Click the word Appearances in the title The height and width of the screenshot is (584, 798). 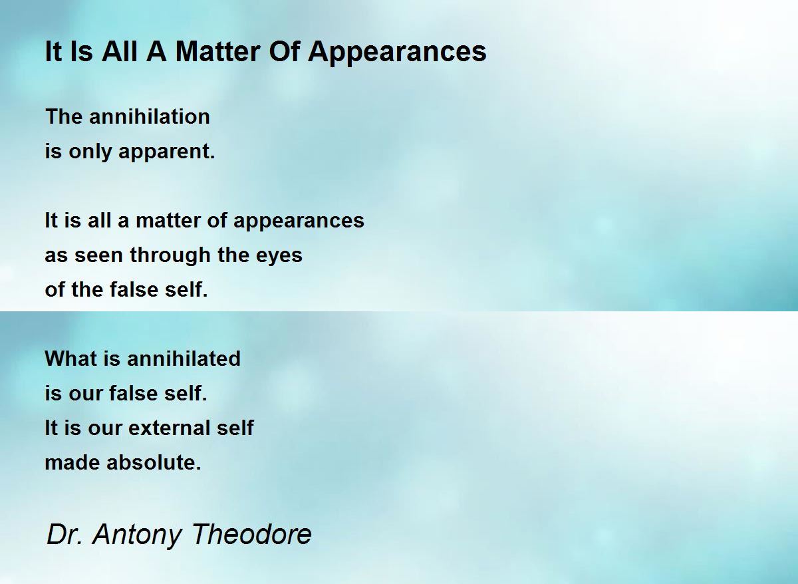coord(397,53)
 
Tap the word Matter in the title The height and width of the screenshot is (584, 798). coord(217,51)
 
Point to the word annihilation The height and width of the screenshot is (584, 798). coord(149,116)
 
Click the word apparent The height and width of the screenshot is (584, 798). coord(167,152)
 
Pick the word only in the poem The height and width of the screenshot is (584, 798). coord(90,152)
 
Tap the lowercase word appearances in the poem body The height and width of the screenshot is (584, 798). coord(299,221)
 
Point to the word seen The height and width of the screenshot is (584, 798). coord(98,256)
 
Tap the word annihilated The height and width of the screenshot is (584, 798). coord(184,358)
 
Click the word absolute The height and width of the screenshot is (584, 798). coord(154,462)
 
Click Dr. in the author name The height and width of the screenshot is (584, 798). coord(65,533)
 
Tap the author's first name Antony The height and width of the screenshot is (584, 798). coord(137,535)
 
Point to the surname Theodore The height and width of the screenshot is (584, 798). coord(252,533)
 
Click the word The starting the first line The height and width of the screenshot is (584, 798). coord(64,116)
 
